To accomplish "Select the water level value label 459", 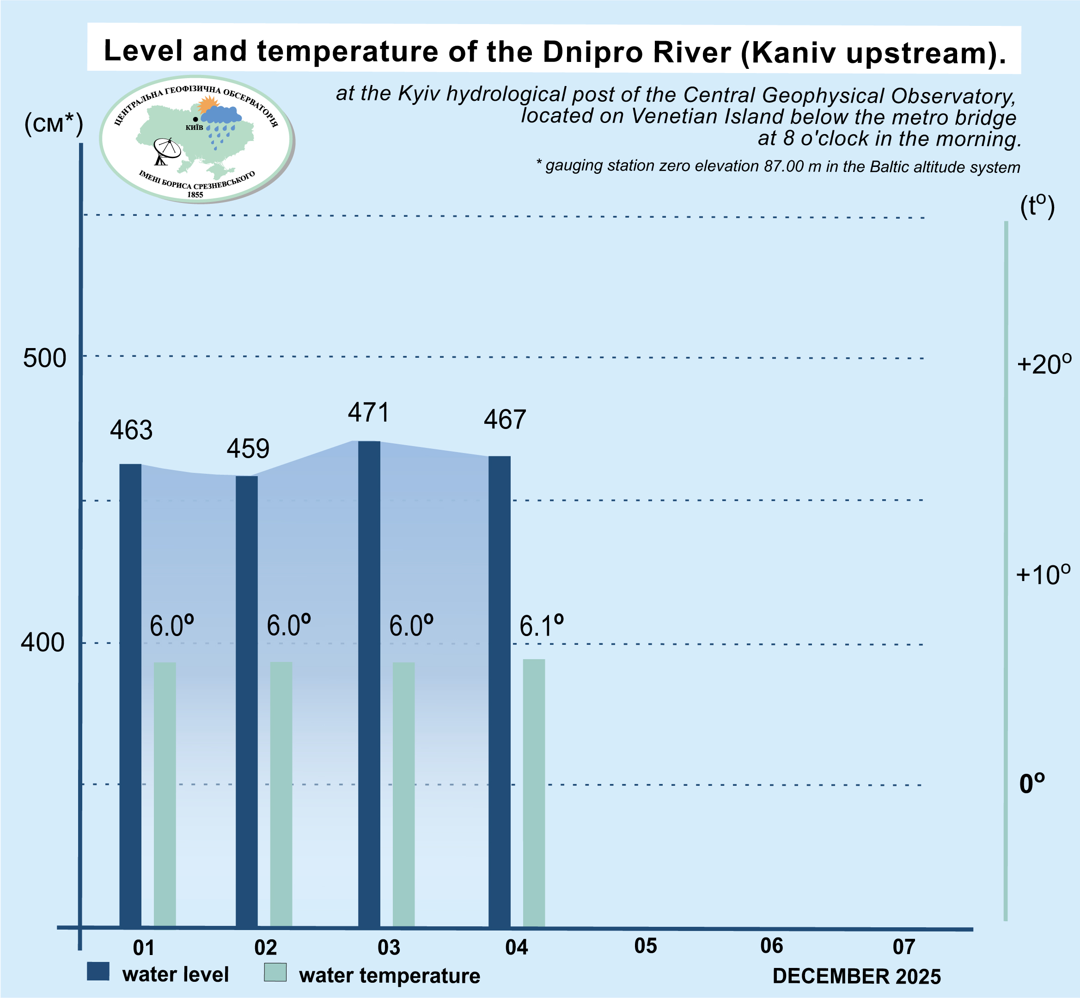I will pyautogui.click(x=248, y=449).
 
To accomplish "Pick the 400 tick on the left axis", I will pyautogui.click(x=43, y=643).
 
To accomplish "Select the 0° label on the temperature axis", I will pyautogui.click(x=1032, y=784).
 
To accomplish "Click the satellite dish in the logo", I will pyautogui.click(x=166, y=151).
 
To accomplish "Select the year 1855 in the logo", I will pyautogui.click(x=195, y=195).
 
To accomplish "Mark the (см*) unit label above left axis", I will pyautogui.click(x=54, y=125).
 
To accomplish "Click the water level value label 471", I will pyautogui.click(x=368, y=413).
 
